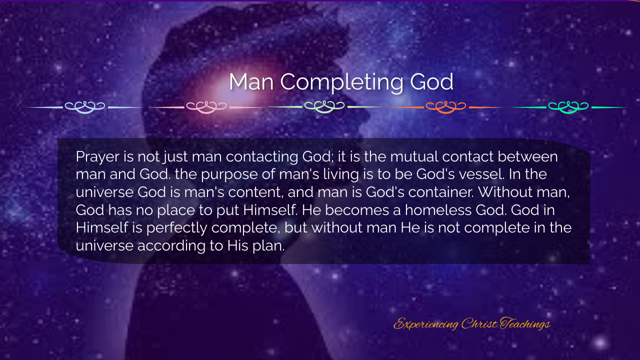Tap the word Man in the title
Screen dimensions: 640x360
(251, 82)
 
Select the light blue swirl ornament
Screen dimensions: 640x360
(85, 107)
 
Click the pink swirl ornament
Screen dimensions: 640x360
(206, 107)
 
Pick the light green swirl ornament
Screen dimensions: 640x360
(324, 107)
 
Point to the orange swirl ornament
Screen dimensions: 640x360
(445, 107)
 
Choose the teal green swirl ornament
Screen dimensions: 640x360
(568, 107)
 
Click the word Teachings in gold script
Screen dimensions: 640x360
(525, 324)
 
